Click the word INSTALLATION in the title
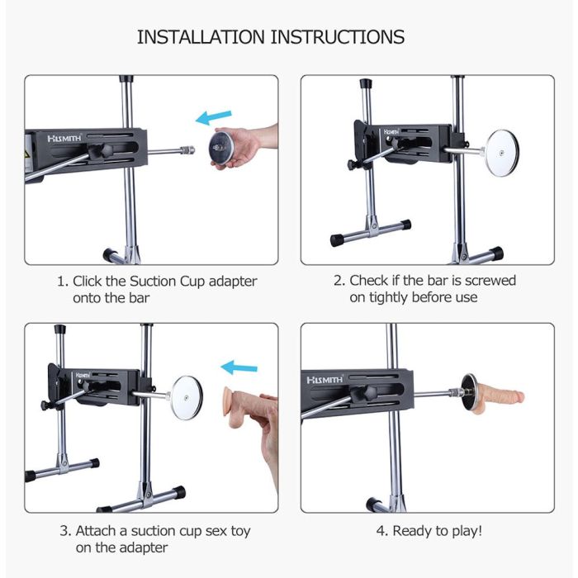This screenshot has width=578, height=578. pyautogui.click(x=201, y=37)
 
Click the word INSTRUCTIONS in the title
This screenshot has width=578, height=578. pyautogui.click(x=338, y=37)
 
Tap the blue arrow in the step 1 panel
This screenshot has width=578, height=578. pyautogui.click(x=213, y=117)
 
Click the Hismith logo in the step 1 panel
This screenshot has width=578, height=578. pyautogui.click(x=64, y=138)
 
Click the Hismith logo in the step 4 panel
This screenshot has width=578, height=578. pyautogui.click(x=325, y=380)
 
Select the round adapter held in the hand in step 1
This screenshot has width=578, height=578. pyautogui.click(x=221, y=148)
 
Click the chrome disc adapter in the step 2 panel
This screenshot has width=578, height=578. pyautogui.click(x=502, y=153)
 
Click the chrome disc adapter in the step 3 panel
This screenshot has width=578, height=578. pyautogui.click(x=187, y=398)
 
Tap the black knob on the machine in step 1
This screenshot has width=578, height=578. pyautogui.click(x=100, y=151)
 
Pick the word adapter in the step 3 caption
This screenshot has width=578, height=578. pyautogui.click(x=144, y=547)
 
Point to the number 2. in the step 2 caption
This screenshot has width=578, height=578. pyautogui.click(x=339, y=281)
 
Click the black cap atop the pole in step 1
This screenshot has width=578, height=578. pyautogui.click(x=126, y=79)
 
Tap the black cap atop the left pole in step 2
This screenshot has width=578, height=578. pyautogui.click(x=366, y=83)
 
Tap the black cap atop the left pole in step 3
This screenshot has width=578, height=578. pyautogui.click(x=59, y=329)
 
